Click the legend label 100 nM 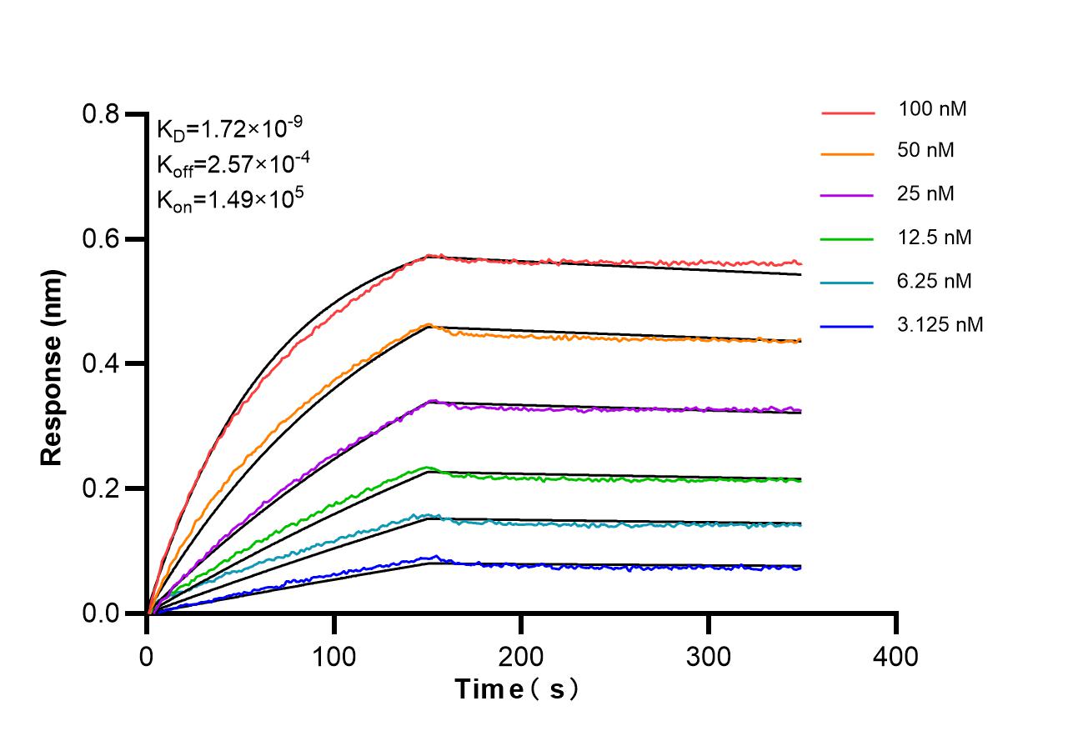(932, 108)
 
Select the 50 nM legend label (926, 151)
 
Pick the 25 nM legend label (926, 194)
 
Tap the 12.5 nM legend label (935, 238)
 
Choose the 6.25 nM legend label (935, 281)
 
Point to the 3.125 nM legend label (940, 324)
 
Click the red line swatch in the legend (848, 111)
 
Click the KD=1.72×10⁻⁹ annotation (229, 129)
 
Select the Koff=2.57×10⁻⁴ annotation (229, 164)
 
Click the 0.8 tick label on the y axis (102, 114)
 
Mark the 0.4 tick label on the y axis (102, 364)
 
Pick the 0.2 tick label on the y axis (102, 488)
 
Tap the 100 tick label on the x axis (334, 657)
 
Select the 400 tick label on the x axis (895, 657)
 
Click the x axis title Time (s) (517, 690)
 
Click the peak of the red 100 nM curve (429, 256)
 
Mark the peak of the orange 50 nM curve (429, 325)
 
